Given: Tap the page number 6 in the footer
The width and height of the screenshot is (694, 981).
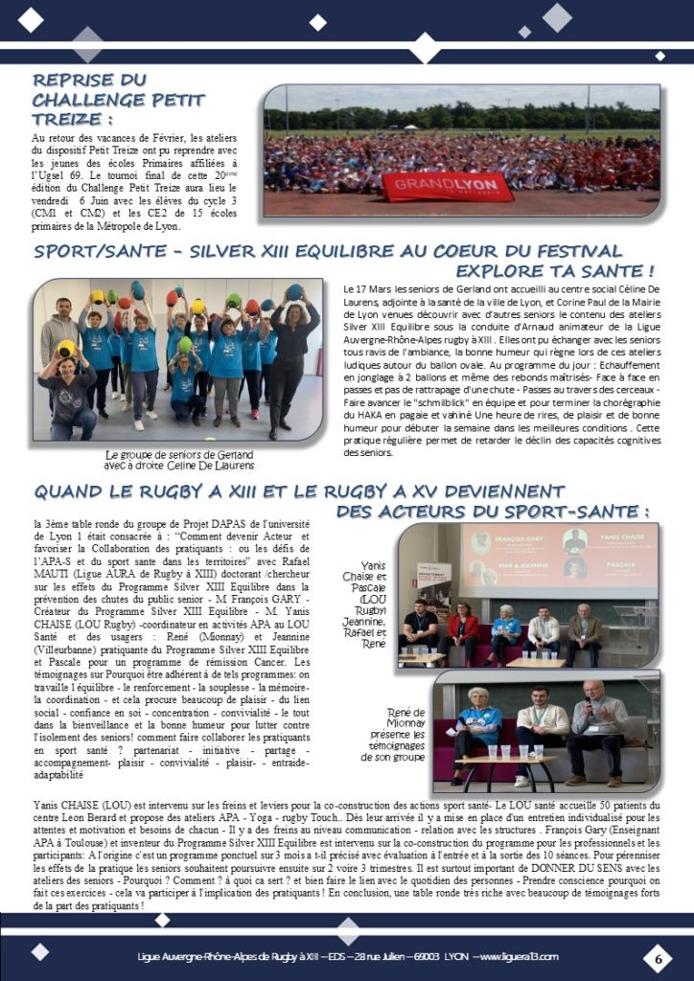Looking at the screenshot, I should (659, 957).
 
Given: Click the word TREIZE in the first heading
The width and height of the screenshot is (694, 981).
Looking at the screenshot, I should (69, 118).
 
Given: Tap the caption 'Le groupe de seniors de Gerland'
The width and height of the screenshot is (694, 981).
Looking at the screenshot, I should (178, 455).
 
